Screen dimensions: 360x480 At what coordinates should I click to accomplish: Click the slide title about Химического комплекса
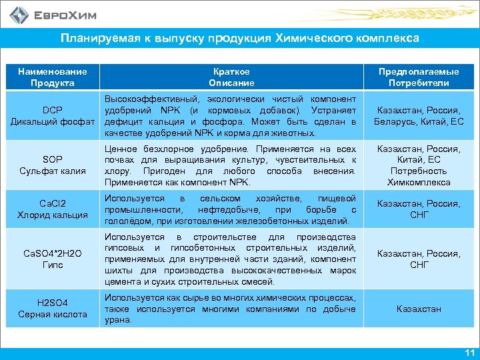(x=240, y=38)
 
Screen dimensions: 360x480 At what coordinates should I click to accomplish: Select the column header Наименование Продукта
(x=53, y=77)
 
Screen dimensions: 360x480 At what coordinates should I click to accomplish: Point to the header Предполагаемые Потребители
(x=419, y=77)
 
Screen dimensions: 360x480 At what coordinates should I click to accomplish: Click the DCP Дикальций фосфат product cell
(x=53, y=116)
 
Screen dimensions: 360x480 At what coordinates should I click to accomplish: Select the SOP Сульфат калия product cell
(x=53, y=165)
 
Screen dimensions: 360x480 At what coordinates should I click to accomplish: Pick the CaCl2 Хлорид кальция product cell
(x=53, y=209)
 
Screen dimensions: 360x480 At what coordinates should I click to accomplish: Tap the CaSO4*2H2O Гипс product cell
(x=53, y=259)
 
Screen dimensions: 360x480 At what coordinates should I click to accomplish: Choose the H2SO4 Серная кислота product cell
(x=53, y=308)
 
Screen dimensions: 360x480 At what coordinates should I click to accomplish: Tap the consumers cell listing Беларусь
(x=419, y=116)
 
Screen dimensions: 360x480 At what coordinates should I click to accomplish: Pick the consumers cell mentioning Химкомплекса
(x=419, y=165)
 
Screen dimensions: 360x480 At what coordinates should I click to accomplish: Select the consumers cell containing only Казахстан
(x=419, y=309)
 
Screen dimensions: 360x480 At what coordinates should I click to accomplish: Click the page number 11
(x=469, y=352)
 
